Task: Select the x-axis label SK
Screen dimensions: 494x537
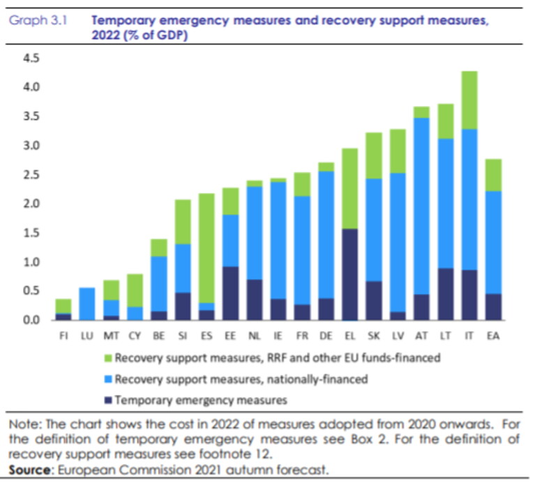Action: coord(374,335)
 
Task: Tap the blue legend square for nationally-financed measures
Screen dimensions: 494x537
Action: coord(107,380)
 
